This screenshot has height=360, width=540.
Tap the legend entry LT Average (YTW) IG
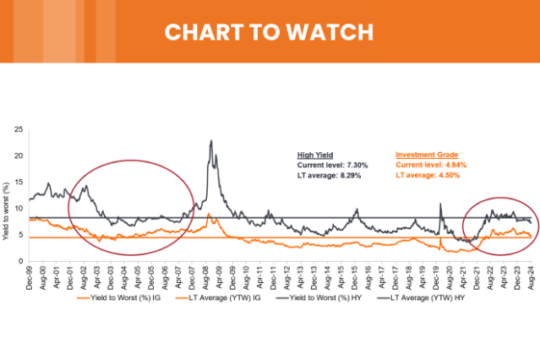[238, 297]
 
